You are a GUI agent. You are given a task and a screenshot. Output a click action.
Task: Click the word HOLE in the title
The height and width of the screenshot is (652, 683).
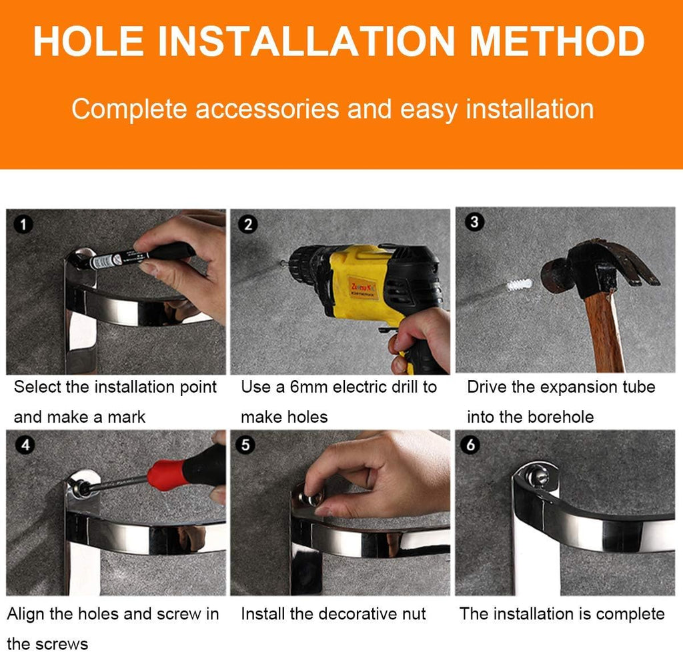[x=89, y=41]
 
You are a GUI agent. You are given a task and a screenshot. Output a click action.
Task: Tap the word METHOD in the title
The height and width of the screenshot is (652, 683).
[x=557, y=41]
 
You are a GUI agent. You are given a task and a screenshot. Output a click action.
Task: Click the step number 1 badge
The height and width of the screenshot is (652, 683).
[x=23, y=224]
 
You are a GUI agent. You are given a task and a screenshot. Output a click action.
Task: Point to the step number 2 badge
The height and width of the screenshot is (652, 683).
[x=248, y=224]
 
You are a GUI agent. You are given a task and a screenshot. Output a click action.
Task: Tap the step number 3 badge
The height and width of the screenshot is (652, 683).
[x=474, y=221]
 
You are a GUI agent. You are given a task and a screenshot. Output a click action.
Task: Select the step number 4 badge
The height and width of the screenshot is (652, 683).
[x=25, y=445]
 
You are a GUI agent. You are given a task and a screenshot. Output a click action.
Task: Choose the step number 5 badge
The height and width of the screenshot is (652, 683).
[x=245, y=445]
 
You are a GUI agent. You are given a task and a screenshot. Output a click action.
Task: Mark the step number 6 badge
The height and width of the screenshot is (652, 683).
[x=470, y=445]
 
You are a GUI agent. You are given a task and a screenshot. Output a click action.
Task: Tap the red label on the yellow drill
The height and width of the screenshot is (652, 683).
[x=363, y=287]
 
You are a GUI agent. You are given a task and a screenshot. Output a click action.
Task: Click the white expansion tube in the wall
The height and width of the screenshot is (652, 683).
[x=519, y=285]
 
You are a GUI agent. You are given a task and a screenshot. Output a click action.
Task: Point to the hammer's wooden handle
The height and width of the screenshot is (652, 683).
[x=604, y=329]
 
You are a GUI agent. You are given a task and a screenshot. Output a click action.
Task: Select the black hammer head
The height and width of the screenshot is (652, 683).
[x=599, y=265]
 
